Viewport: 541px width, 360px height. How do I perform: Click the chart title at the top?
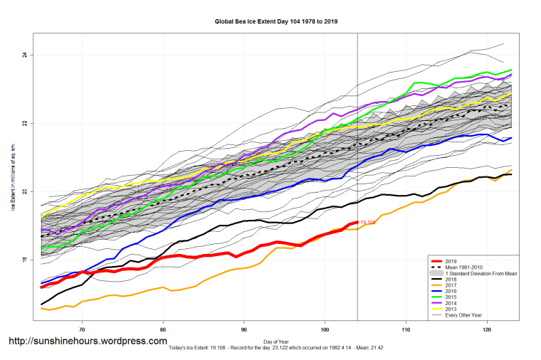[275, 21]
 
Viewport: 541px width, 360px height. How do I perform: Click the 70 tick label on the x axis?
[83, 329]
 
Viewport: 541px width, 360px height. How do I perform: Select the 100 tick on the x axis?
[325, 329]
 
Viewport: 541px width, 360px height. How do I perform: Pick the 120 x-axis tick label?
[487, 329]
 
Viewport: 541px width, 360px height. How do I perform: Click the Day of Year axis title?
[275, 342]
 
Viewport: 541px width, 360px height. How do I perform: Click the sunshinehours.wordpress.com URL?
[87, 342]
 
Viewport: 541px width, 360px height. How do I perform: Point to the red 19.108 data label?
[368, 223]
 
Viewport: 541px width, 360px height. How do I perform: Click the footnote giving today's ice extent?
[275, 348]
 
